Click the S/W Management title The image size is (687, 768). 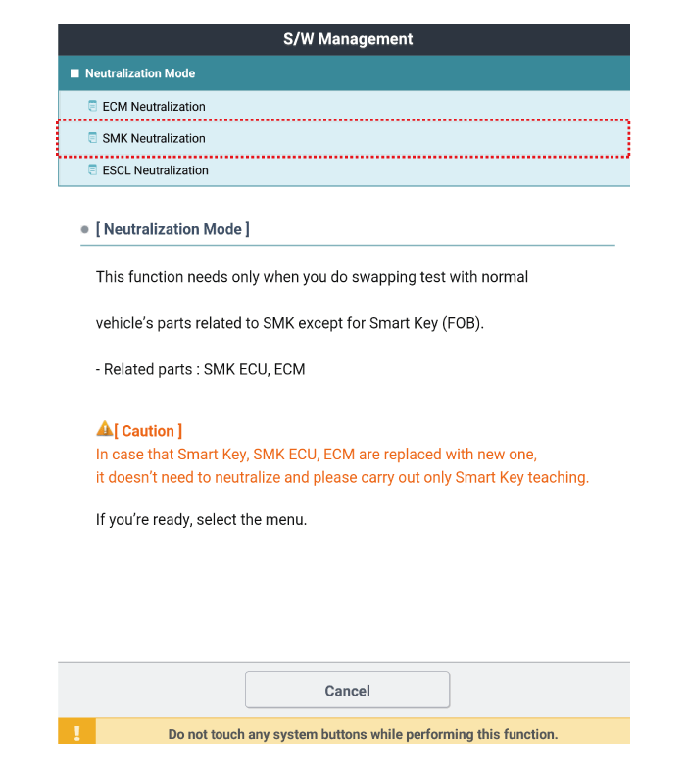click(348, 40)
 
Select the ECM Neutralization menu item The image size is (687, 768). click(154, 106)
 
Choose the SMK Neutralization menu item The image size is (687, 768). click(154, 138)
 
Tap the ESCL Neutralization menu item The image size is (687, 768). click(155, 170)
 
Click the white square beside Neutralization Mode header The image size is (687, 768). click(74, 73)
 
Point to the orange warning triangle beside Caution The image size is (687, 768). click(104, 429)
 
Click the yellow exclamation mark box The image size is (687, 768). click(76, 733)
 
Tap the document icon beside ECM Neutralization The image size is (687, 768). click(93, 106)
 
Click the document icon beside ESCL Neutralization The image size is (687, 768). click(93, 170)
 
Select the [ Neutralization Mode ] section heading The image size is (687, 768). click(172, 229)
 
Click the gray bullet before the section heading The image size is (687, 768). click(85, 230)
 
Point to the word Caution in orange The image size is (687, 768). click(148, 431)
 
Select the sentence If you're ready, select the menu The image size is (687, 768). click(201, 520)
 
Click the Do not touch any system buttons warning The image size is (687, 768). click(363, 734)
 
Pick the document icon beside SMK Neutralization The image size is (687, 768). click(93, 138)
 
